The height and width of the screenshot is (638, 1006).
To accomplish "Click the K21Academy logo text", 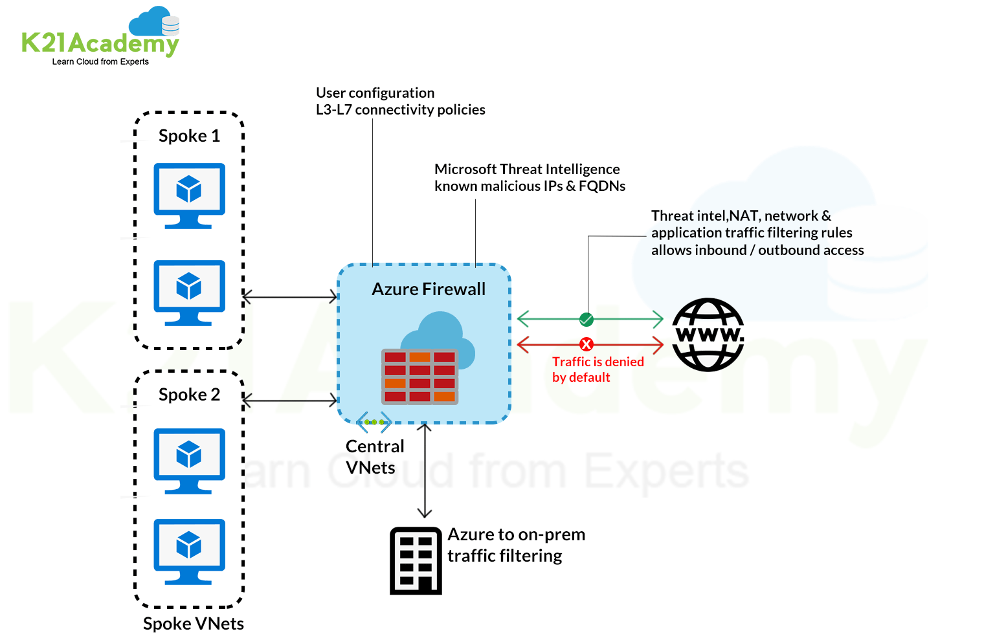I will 100,43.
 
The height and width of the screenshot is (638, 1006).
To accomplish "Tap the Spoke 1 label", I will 189,136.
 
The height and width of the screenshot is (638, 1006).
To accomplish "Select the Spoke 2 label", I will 189,395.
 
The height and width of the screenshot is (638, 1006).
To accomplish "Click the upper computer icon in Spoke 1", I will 189,195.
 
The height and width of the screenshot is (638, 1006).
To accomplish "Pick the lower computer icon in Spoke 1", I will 189,292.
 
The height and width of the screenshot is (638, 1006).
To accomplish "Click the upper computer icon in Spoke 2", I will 189,460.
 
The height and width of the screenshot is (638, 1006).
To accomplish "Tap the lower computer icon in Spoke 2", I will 189,551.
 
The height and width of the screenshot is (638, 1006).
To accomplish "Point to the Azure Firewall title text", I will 428,289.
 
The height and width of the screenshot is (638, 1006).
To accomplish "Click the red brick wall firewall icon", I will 419,377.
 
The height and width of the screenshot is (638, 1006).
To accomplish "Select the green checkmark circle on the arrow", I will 586,319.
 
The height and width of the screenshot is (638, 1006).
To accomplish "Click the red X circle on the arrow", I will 586,344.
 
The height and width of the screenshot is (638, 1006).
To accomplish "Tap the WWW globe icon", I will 708,335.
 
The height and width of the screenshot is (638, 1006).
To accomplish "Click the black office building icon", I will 416,561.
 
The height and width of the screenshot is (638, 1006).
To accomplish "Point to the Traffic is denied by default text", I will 597,369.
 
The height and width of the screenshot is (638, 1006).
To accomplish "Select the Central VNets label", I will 374,457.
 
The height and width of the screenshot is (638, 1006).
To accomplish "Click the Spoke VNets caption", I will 193,624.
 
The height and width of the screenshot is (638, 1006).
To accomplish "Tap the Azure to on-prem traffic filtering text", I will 515,545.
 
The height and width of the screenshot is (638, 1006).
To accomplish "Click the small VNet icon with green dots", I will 374,422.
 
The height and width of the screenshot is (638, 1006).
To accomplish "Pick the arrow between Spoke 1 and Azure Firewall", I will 290,297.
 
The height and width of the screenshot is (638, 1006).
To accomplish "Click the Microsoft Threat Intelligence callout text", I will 529,177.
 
